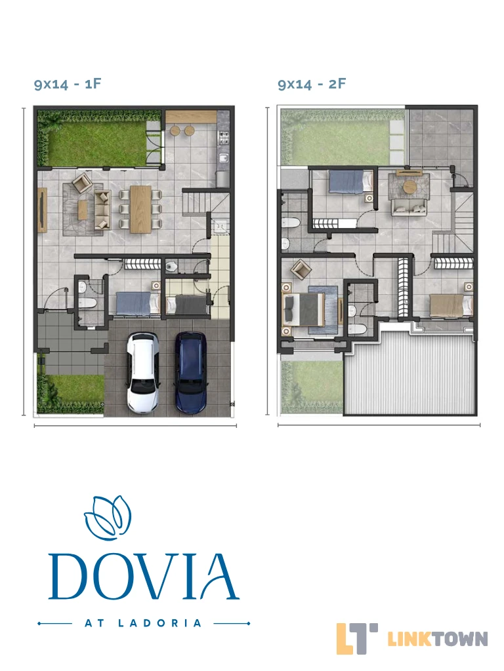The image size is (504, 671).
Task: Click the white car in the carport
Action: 142,373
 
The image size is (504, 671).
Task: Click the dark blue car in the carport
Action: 191,372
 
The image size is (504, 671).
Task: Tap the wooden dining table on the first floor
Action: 140,209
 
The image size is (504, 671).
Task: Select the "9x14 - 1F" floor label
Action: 68,83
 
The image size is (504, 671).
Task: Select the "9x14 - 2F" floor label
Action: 312,83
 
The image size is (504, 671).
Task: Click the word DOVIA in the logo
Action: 143,577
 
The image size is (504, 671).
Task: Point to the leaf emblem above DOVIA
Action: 108,518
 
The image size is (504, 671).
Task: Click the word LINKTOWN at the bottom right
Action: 438,639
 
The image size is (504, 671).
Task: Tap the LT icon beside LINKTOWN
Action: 356,638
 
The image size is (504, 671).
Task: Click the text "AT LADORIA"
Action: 143,623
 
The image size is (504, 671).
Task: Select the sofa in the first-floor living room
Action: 102,210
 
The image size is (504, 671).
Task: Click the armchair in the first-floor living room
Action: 81,183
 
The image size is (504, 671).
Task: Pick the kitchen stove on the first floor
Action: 224,138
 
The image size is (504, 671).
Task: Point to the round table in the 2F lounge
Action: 409,187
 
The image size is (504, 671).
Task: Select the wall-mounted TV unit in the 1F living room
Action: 42,210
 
